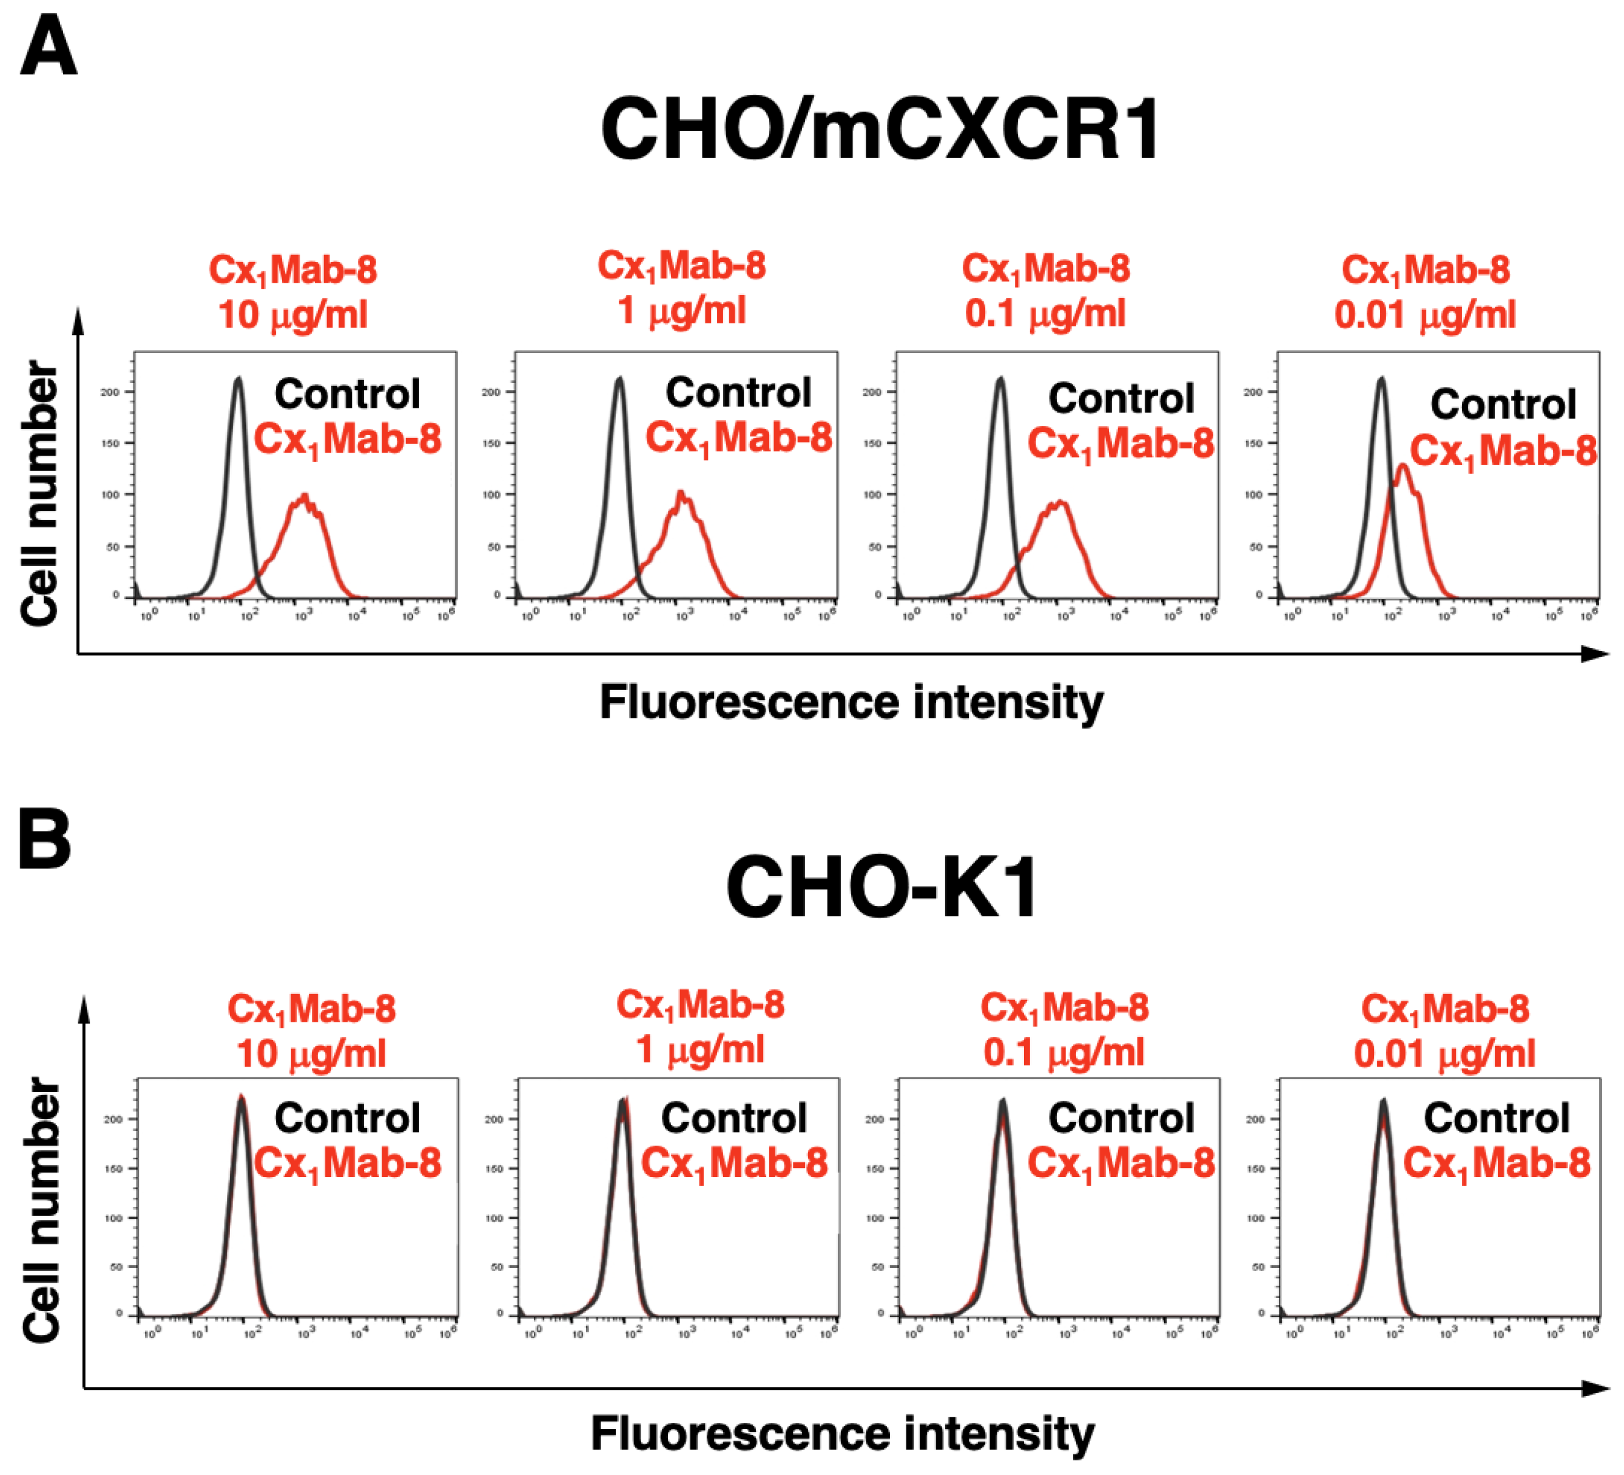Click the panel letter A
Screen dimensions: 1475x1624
[49, 47]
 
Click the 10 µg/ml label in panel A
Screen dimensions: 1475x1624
[293, 315]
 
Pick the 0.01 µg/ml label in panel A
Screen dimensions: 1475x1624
[1425, 315]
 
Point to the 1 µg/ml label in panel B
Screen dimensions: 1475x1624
[700, 1050]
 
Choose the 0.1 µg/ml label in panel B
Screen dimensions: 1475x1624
[1064, 1052]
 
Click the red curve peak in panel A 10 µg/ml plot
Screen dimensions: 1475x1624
[304, 496]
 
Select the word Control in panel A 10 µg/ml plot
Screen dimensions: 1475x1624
[347, 394]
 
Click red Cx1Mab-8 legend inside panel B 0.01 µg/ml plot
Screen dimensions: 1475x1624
[1497, 1163]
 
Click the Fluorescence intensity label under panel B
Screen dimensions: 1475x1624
[843, 1433]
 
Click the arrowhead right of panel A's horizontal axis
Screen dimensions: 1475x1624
[1595, 653]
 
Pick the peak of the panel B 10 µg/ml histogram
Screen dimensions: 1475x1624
[241, 1097]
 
